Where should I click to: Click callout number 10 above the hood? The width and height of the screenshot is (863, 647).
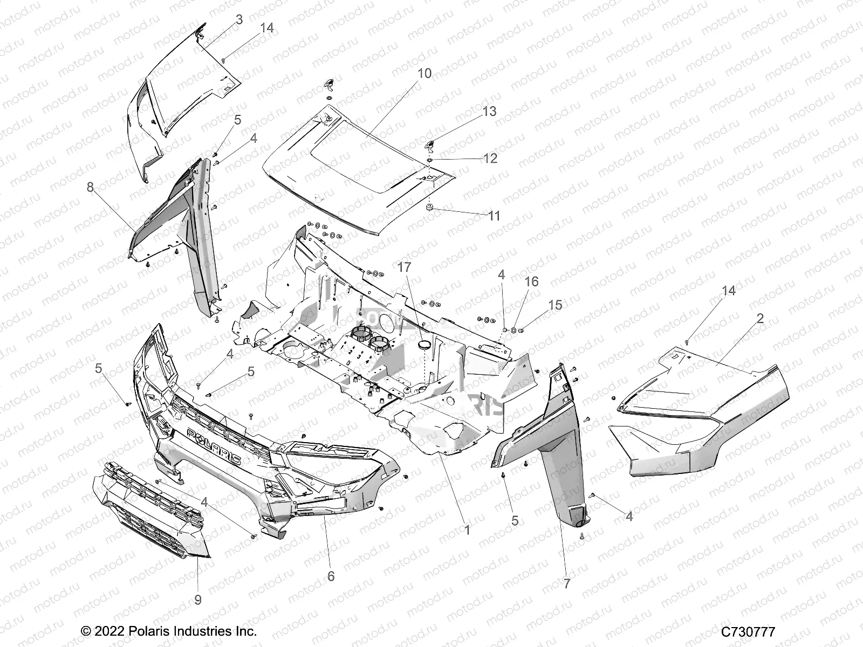click(424, 73)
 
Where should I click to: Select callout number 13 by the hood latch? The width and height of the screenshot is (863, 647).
click(489, 112)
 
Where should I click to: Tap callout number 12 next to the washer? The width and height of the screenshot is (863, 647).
click(490, 159)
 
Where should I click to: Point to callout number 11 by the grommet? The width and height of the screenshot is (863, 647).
click(494, 216)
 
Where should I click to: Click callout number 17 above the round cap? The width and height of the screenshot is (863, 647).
click(405, 267)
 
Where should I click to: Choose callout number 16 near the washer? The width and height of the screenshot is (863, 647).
click(531, 282)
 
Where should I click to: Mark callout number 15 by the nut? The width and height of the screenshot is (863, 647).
click(555, 305)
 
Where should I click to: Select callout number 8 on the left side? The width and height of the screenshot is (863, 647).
click(90, 187)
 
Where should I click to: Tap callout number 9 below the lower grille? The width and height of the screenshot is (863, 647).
click(197, 600)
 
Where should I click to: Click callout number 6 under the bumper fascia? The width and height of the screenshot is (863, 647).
click(331, 576)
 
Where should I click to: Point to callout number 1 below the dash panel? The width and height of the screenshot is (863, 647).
click(467, 530)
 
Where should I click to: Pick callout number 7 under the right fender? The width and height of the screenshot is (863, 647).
click(566, 583)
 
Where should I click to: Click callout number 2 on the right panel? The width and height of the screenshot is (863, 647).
click(760, 318)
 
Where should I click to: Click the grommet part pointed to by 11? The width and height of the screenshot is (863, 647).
click(430, 208)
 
